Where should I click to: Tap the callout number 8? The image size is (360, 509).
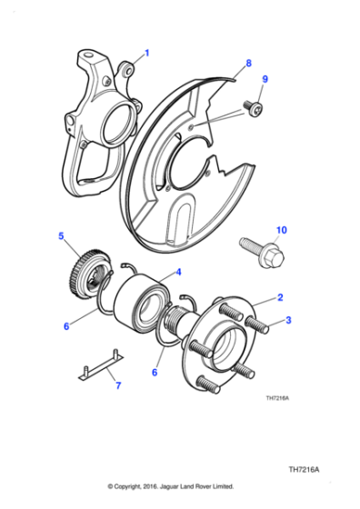tap(247, 64)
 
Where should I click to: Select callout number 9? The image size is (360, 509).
tap(265, 80)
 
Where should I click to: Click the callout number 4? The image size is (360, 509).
tap(178, 272)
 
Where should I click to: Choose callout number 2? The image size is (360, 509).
tap(281, 297)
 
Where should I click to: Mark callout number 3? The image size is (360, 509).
tap(289, 319)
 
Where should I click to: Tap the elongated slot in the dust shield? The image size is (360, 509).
tap(181, 224)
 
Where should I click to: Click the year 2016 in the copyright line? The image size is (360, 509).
tap(160, 486)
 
